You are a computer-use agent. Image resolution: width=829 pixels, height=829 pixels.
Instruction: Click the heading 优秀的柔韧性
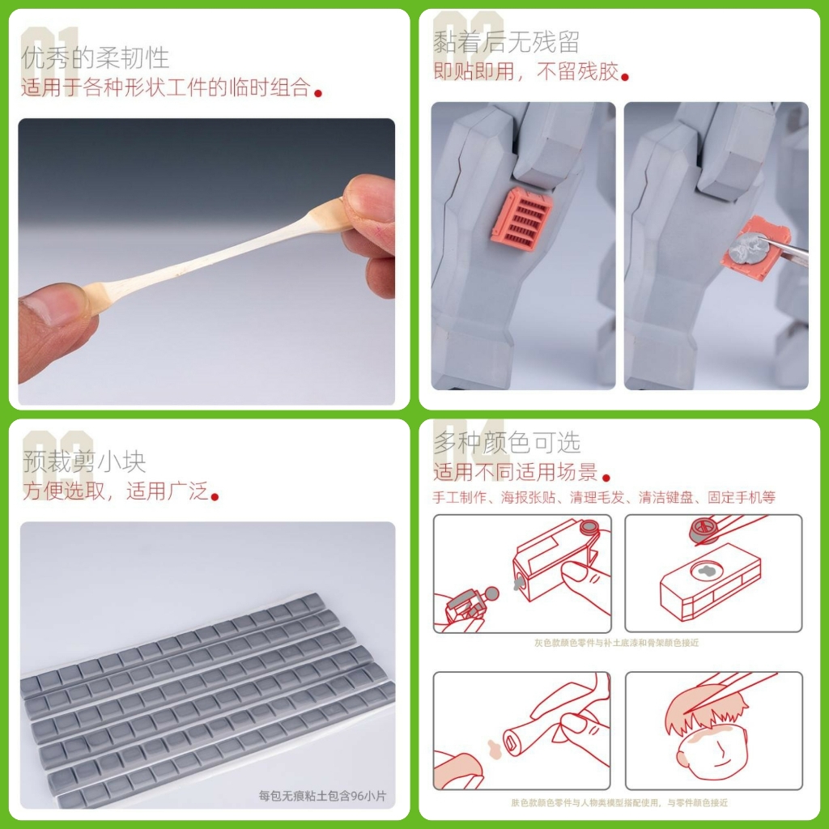[96, 57]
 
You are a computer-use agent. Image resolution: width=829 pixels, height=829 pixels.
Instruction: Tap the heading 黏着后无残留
[507, 40]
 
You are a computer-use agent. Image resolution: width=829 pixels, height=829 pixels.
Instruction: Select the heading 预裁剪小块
[84, 461]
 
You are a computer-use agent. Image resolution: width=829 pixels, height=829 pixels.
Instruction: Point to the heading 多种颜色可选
[507, 442]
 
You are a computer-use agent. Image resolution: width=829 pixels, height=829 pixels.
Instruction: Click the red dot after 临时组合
[318, 93]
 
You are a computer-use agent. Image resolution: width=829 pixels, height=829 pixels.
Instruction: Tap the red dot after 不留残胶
[625, 77]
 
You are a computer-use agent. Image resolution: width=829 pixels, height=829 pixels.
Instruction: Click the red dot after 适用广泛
[215, 495]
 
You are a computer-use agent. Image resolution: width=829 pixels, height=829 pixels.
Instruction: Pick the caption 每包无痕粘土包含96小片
[322, 796]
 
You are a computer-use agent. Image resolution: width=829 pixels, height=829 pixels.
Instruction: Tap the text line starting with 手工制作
[604, 497]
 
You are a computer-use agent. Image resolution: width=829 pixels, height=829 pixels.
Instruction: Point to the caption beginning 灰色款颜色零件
[616, 643]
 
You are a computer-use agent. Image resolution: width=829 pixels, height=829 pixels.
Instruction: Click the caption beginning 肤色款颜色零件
[619, 802]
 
